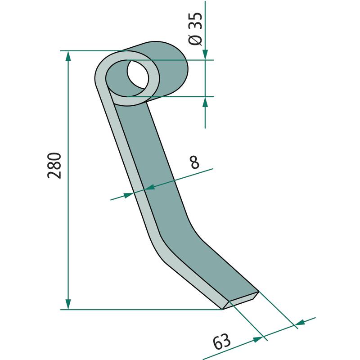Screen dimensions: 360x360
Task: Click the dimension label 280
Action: pos(54,165)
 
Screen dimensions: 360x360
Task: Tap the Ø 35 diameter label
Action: pos(195,28)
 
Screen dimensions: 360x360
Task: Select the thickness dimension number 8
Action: pos(195,162)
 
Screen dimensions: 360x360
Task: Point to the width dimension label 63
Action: pos(221,342)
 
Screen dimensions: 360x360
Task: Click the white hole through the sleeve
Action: pos(138,74)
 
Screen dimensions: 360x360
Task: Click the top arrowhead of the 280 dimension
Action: pos(68,56)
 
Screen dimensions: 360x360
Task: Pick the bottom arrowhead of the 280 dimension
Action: pos(68,304)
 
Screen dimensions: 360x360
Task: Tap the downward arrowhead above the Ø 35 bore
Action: pos(205,54)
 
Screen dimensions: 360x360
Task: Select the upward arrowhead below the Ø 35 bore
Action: pos(205,102)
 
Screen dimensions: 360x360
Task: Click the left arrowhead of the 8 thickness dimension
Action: pos(129,195)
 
